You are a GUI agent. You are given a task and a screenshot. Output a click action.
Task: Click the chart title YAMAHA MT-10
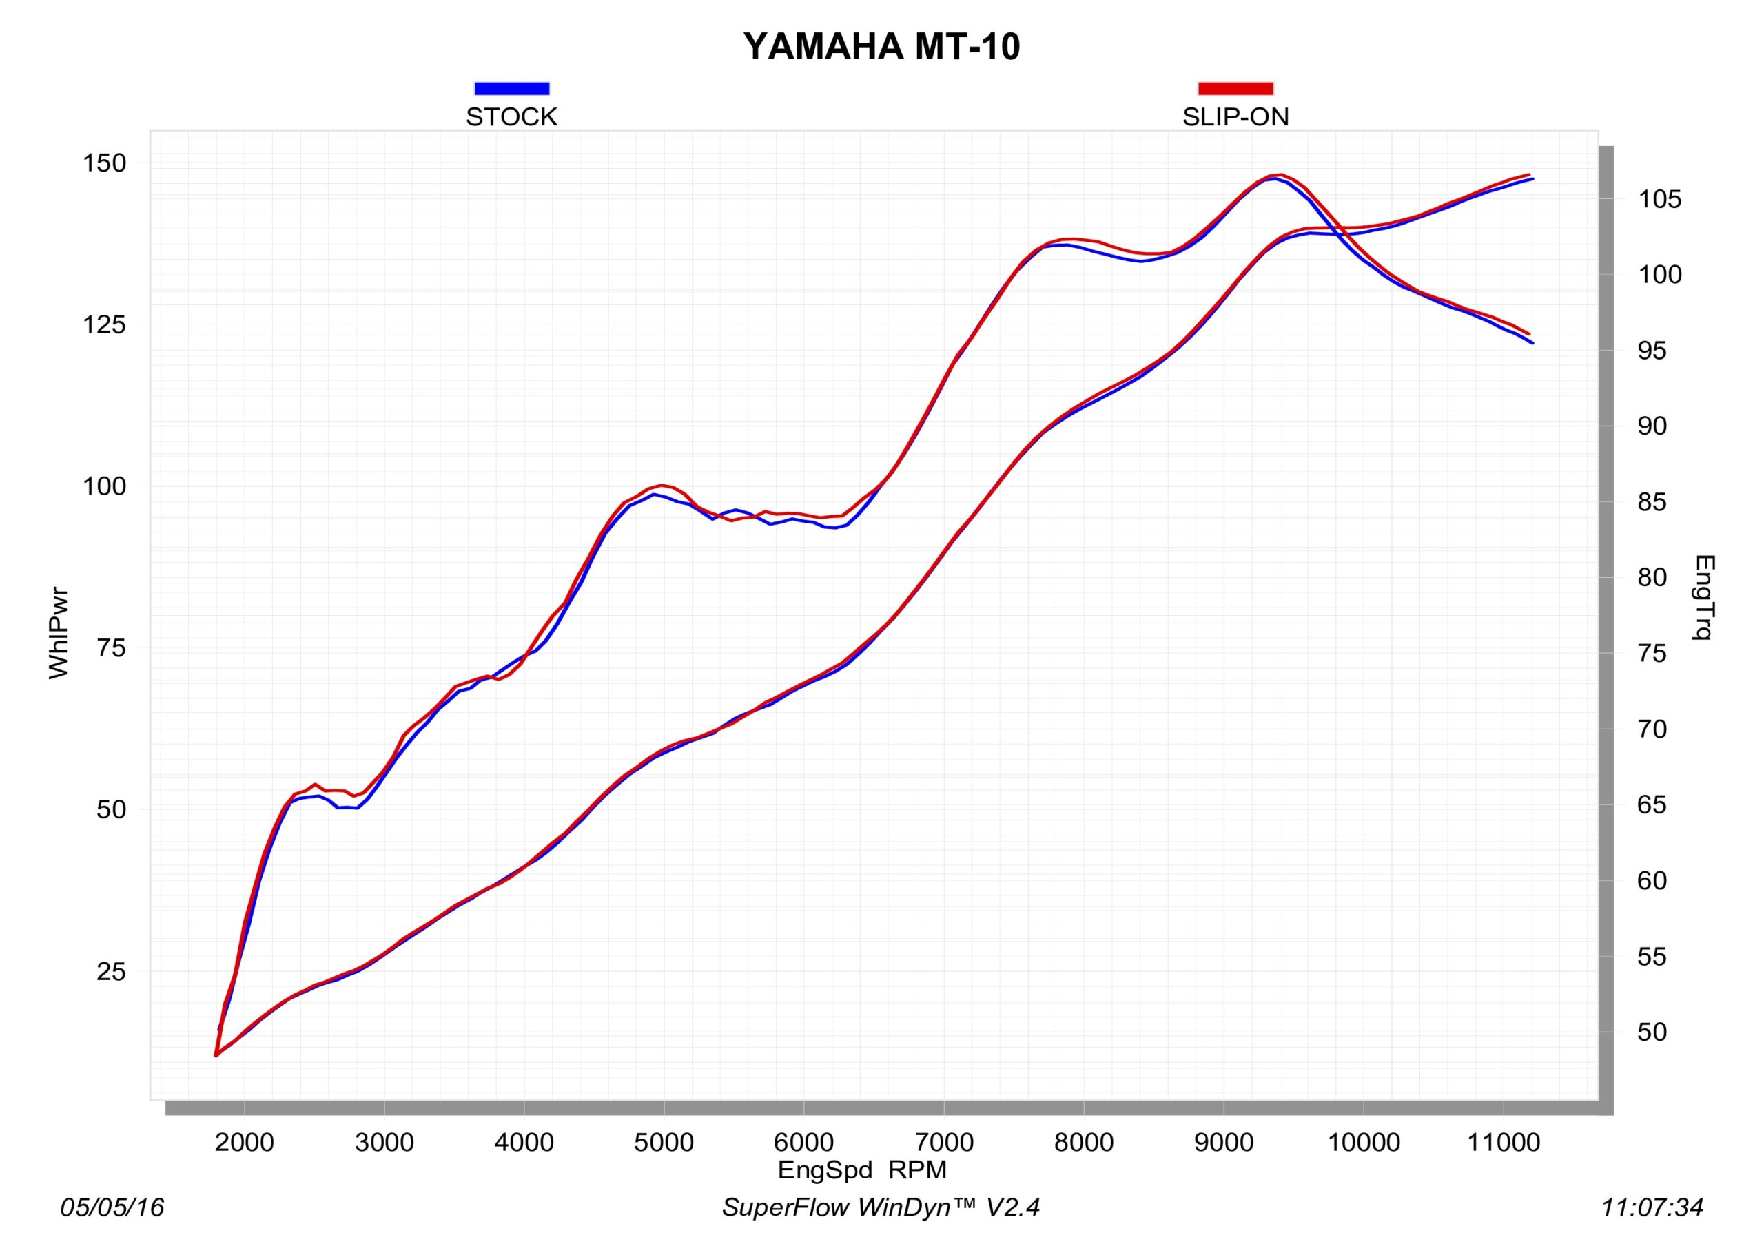click(x=881, y=47)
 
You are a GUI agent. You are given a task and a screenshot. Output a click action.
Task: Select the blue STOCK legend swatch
click(x=512, y=88)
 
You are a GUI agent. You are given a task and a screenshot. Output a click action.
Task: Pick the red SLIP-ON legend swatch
click(x=1235, y=88)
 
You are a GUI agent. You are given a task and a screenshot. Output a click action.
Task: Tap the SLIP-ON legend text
click(x=1235, y=117)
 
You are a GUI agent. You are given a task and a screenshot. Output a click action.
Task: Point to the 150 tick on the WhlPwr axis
click(x=105, y=163)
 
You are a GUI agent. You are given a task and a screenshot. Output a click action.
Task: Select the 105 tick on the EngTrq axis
click(x=1659, y=200)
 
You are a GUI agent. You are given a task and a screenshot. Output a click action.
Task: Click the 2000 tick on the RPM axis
click(x=245, y=1142)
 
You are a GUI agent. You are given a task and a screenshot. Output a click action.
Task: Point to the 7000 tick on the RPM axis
click(x=944, y=1142)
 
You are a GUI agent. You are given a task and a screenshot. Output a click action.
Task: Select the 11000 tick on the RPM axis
click(x=1504, y=1142)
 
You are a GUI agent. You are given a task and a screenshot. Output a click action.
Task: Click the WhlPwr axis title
click(x=59, y=634)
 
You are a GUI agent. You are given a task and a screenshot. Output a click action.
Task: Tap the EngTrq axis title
click(x=1704, y=597)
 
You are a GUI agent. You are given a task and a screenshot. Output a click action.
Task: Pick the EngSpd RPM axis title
click(x=862, y=1170)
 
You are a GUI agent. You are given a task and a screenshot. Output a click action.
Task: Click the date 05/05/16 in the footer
click(x=112, y=1207)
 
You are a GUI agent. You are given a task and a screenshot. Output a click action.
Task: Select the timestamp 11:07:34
click(x=1652, y=1207)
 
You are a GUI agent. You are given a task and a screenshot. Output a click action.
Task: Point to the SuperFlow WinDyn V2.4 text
click(x=881, y=1207)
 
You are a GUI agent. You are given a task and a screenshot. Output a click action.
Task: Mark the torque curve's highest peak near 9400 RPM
click(x=1279, y=175)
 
